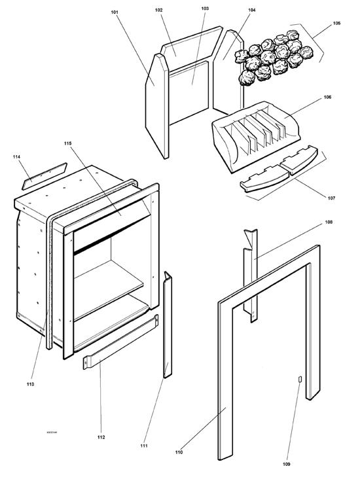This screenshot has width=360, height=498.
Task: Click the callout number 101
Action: (115, 12)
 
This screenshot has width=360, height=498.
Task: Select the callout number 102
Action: (159, 10)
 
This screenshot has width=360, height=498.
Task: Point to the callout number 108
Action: (328, 222)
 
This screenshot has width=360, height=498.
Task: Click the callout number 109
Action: (286, 464)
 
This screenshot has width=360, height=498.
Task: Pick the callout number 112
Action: (101, 436)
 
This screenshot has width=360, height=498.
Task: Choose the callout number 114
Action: (17, 157)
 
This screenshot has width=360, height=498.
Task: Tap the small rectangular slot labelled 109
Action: (300, 380)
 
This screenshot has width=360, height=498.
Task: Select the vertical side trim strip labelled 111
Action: (168, 324)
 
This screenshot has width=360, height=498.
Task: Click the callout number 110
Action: (179, 452)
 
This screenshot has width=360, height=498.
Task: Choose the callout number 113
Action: (31, 383)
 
